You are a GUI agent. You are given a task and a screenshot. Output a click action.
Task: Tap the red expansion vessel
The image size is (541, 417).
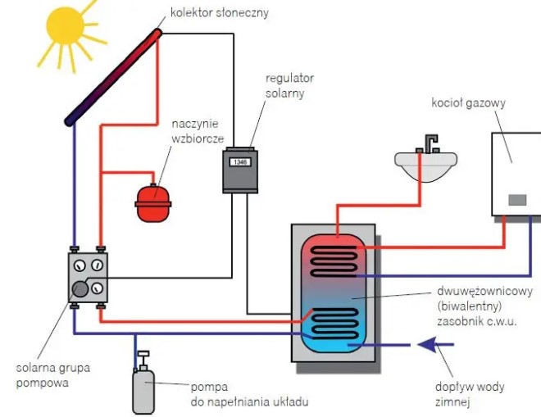tap(153, 202)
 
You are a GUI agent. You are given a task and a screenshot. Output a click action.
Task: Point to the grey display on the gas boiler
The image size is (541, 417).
tap(516, 199)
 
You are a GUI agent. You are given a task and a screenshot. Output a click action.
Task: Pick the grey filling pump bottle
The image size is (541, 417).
tap(143, 388)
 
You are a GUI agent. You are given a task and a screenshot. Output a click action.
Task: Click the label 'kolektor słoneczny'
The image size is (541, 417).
tap(219, 13)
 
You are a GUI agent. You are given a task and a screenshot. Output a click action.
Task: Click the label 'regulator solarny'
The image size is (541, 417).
tap(289, 85)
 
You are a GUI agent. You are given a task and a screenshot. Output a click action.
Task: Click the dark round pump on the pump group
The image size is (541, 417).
tap(80, 288)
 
